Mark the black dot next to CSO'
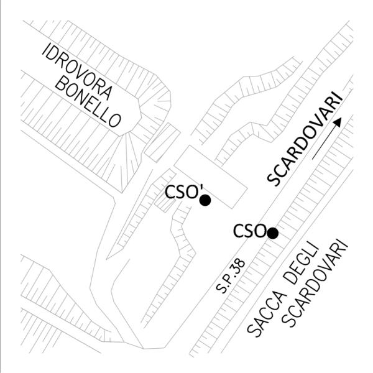point(205,200)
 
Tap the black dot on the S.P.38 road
point(272,233)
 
